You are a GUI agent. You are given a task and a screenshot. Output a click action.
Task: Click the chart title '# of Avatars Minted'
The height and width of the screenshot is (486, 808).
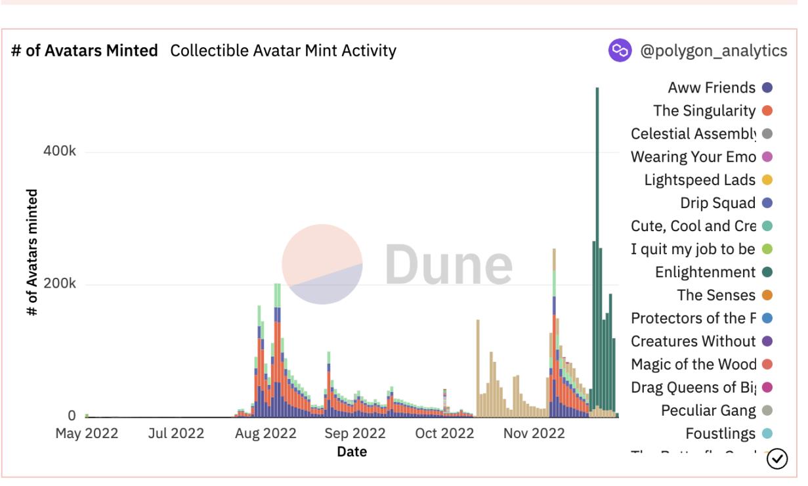coord(85,51)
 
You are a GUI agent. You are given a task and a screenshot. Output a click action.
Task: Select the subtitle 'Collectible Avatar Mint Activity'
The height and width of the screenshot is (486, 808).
coord(283,51)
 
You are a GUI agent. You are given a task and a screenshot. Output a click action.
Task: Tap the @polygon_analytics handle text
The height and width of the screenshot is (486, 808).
coord(713,51)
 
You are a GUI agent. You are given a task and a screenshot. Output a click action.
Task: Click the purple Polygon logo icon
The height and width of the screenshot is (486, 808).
coord(620,51)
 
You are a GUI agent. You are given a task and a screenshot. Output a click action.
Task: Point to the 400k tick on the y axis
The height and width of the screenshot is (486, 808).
coord(60,152)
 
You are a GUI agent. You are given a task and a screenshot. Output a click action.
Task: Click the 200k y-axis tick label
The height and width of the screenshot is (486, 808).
coord(60,284)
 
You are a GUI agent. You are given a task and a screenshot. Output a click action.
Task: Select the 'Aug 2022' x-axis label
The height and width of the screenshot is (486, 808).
coord(266,433)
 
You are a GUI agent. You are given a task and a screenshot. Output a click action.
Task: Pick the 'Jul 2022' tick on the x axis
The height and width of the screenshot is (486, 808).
coord(176,433)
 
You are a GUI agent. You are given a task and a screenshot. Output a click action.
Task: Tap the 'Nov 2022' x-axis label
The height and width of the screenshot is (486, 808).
coord(534,433)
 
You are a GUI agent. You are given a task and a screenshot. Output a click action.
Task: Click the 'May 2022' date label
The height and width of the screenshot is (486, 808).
coord(87,433)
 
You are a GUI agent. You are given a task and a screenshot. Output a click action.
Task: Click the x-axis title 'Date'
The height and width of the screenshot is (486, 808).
coord(352,452)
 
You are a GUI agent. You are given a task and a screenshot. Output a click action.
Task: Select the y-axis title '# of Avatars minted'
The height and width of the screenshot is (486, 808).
coord(32,253)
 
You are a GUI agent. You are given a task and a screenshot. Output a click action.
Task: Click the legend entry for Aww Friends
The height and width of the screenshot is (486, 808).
coord(712,88)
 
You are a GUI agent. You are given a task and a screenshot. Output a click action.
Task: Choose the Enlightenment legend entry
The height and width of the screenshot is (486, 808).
coord(705,272)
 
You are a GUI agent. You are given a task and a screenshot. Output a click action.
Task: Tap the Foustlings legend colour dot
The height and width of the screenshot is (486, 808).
coord(767,433)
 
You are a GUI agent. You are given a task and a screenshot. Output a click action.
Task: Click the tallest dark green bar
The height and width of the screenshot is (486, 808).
coord(597,250)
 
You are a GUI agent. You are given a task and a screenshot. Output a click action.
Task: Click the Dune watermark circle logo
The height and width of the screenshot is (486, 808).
coord(322,264)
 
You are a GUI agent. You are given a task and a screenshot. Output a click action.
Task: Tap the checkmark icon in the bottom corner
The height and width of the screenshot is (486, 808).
coord(777,458)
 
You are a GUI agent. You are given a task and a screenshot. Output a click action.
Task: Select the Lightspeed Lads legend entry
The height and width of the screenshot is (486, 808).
coord(700,180)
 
